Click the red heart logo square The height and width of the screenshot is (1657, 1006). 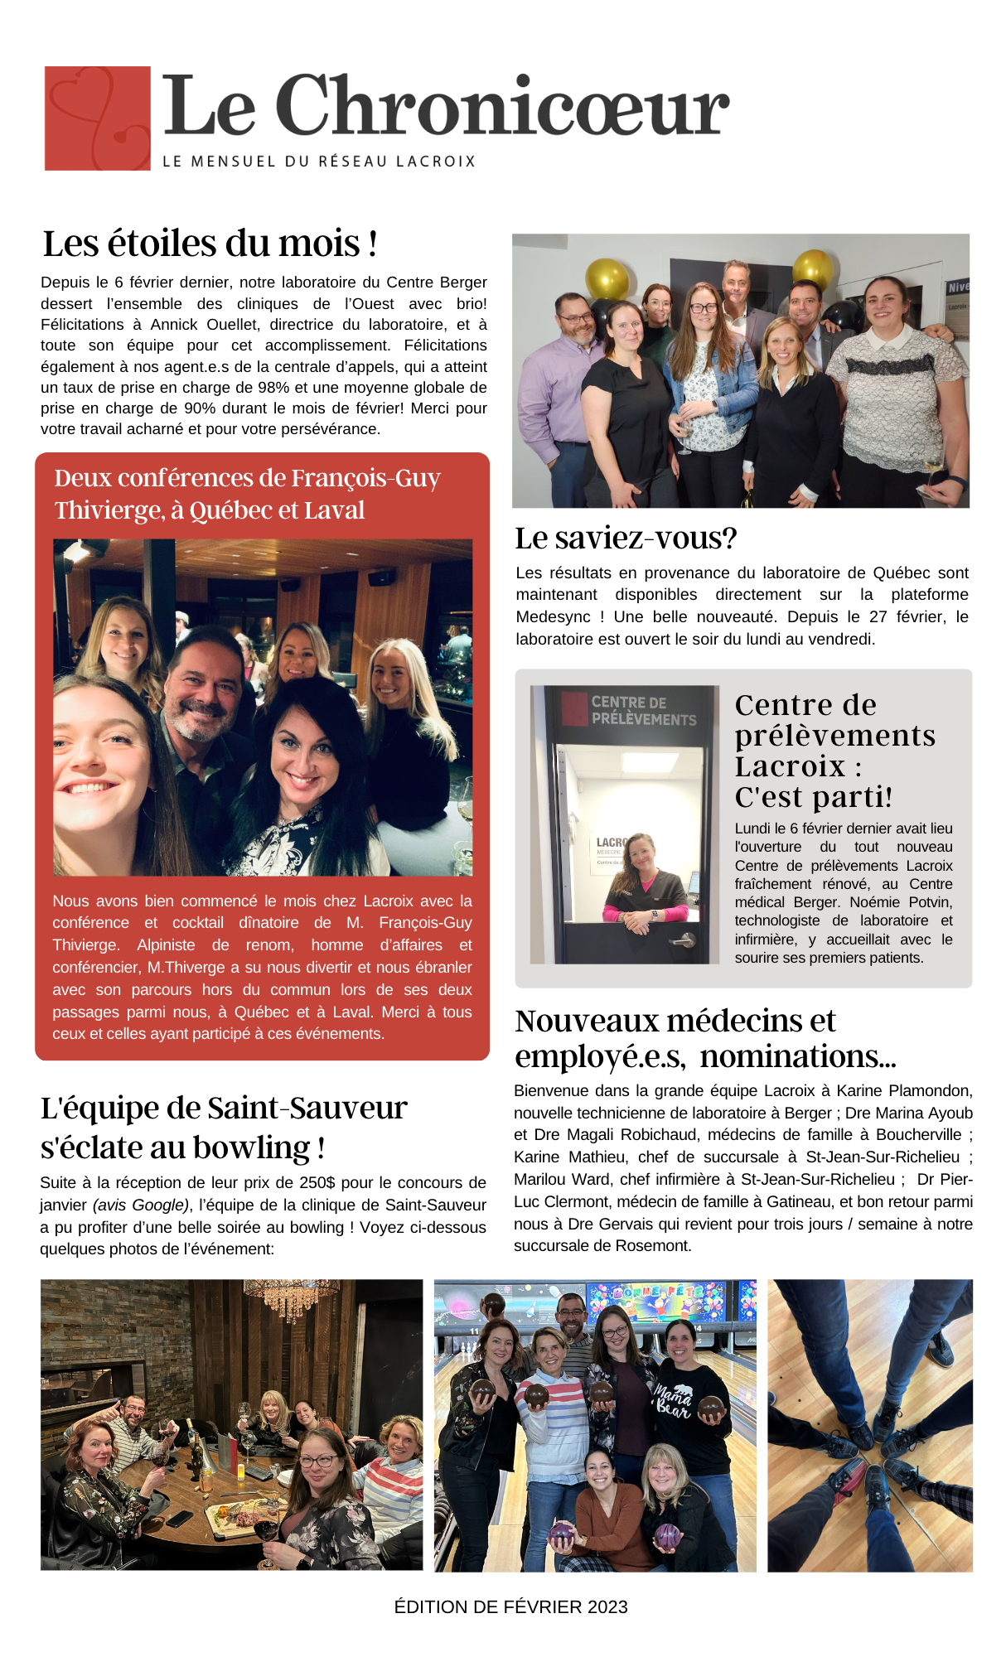[x=98, y=118]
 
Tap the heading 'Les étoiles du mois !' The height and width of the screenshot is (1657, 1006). [x=210, y=244]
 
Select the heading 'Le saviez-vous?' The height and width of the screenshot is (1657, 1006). [x=626, y=539]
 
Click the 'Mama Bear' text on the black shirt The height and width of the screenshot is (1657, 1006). [x=672, y=1400]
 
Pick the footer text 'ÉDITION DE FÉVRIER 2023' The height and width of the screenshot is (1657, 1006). [x=510, y=1607]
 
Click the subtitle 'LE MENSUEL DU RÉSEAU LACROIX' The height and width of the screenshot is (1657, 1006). [x=319, y=162]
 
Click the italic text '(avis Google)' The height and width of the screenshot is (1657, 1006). [x=140, y=1205]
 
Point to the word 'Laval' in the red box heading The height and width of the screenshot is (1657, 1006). [x=332, y=510]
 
